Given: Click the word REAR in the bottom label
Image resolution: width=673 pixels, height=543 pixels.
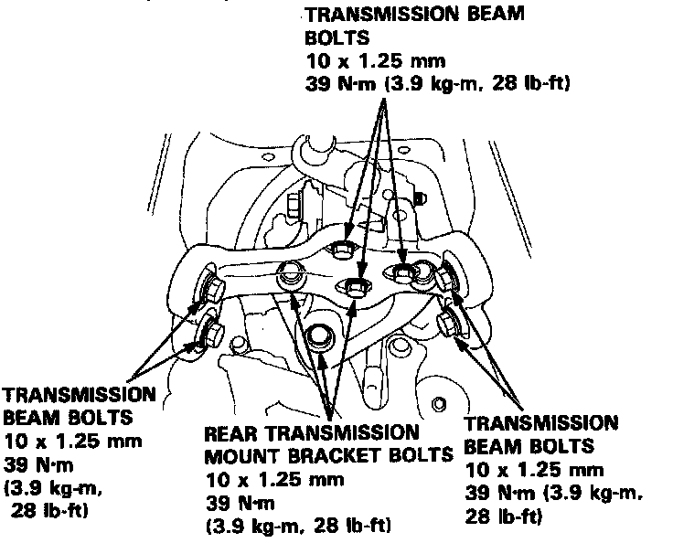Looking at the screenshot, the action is tap(228, 431).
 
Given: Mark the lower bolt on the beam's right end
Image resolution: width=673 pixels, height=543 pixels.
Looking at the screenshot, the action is tap(448, 322).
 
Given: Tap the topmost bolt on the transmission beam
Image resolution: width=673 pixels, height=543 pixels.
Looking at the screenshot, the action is tap(343, 249).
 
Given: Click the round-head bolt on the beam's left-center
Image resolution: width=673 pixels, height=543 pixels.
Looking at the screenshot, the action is tap(291, 271).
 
